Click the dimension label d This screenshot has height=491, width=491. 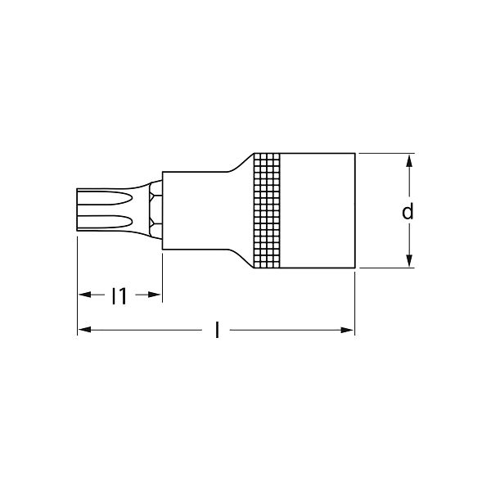408,211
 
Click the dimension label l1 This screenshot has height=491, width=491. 119,295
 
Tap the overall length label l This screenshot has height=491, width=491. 217,330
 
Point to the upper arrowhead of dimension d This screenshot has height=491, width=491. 409,161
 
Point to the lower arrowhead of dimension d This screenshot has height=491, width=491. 409,260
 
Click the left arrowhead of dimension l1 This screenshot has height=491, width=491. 85,295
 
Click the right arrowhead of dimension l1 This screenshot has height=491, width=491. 154,295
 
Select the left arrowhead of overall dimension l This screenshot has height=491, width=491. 85,330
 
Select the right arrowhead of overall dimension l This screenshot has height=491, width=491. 346,330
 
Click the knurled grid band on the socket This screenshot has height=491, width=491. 267,211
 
